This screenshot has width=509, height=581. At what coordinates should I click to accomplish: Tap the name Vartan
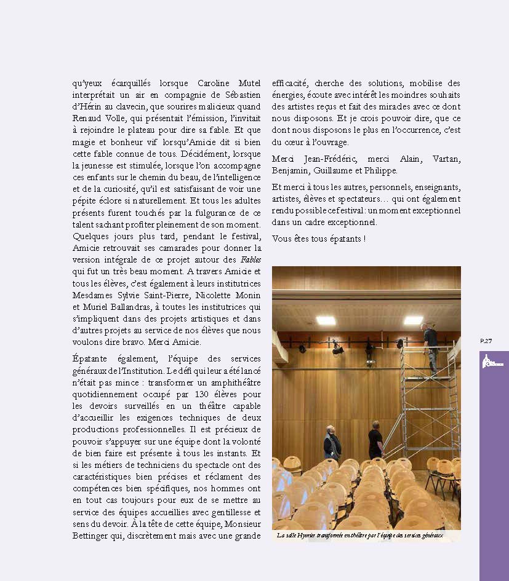click(x=444, y=159)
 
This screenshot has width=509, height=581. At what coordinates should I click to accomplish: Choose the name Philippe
click(x=380, y=170)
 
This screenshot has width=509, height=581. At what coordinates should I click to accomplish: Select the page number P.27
click(x=486, y=341)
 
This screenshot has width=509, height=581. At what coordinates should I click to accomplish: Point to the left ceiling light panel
click(x=326, y=320)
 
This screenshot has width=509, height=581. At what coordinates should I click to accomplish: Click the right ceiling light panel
click(x=413, y=320)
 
